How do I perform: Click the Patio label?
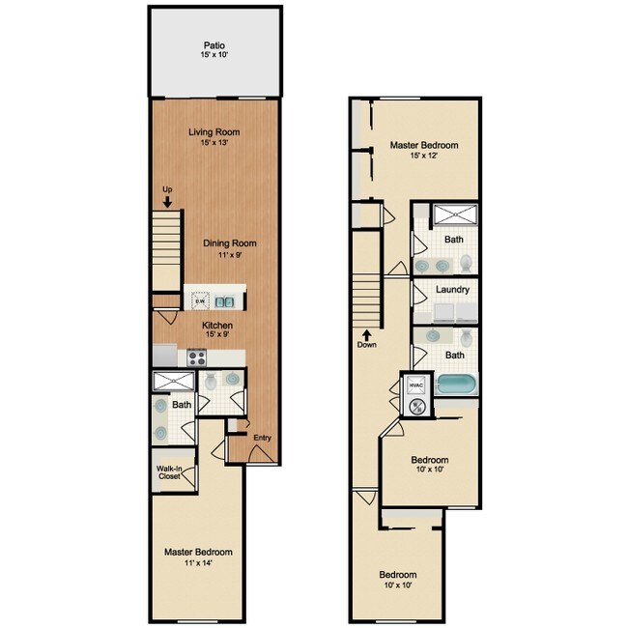[x=214, y=50]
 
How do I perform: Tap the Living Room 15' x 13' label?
[x=214, y=137]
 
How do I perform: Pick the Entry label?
[x=262, y=438]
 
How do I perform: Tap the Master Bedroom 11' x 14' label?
[x=197, y=557]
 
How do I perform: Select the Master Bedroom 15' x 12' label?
[x=423, y=150]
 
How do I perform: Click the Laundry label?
[x=452, y=290]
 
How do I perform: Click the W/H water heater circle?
[x=418, y=407]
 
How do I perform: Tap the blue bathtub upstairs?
[x=456, y=385]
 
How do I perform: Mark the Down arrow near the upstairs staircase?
[x=366, y=338]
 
